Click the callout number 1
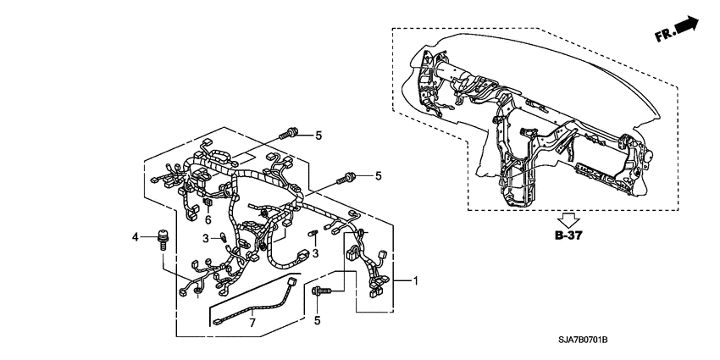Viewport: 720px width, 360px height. point(415,280)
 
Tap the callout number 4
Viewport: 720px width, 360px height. point(134,237)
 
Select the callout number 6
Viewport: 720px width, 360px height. point(208,219)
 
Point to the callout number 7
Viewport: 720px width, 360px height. point(252,324)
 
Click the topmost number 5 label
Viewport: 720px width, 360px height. point(318,135)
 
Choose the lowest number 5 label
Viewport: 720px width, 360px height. point(318,320)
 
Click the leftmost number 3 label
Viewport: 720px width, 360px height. point(205,240)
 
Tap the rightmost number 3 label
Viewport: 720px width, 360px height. point(315,253)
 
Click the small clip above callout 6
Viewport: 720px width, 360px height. point(208,203)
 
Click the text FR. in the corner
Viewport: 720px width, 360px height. point(663,35)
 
